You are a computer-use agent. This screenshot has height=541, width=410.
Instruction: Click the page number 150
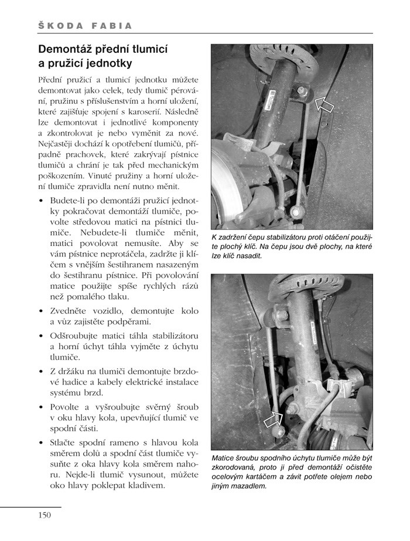click(x=46, y=516)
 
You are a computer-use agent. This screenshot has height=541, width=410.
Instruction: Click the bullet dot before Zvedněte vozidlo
click(x=40, y=310)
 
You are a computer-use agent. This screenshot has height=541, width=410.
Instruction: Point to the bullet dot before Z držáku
click(x=40, y=371)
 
